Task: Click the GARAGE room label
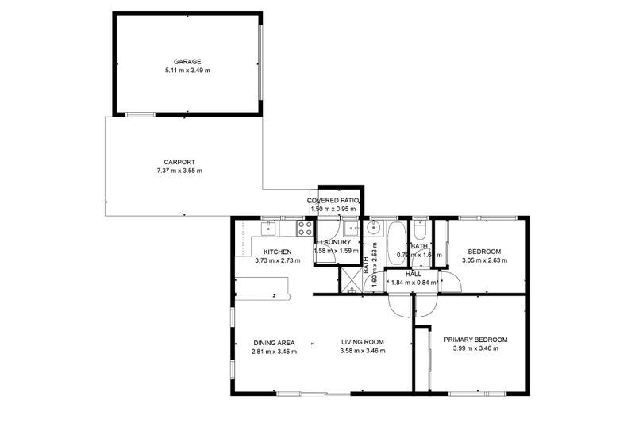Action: point(187,61)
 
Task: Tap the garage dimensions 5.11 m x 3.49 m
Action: point(187,71)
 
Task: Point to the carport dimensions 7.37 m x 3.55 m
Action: point(179,171)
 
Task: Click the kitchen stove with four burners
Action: point(305,229)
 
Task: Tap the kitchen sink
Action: point(268,229)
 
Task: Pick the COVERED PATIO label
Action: point(335,200)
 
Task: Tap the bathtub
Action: point(396,243)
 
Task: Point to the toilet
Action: point(421,231)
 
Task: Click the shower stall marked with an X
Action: point(350,280)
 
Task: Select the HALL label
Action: point(413,274)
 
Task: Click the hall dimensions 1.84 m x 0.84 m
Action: point(413,283)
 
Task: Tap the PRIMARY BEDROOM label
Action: point(475,340)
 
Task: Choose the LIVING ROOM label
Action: point(362,342)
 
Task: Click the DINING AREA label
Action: point(274,342)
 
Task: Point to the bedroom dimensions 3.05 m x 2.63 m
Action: point(484,260)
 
